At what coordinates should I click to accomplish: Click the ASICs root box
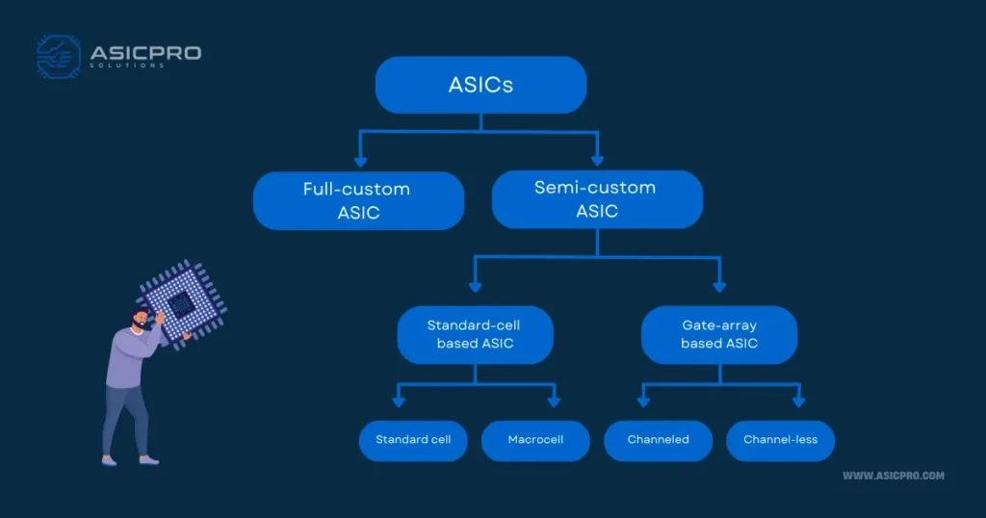click(480, 85)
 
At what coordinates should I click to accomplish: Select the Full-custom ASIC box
click(358, 200)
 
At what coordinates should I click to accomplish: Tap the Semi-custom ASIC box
click(597, 199)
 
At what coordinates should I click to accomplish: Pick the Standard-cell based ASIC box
click(475, 334)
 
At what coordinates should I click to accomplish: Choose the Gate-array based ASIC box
click(719, 334)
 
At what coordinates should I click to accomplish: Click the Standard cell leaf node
click(413, 440)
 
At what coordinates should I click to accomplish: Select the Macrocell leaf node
click(535, 440)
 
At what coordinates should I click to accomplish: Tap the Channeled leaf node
click(658, 440)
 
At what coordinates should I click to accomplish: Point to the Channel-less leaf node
click(780, 440)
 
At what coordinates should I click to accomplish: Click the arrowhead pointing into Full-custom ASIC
click(360, 159)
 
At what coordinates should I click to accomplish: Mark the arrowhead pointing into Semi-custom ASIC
click(597, 159)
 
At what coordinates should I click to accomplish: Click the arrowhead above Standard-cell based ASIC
click(475, 286)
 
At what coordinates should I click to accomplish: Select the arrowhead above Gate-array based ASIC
click(719, 286)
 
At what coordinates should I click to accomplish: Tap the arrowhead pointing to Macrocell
click(554, 401)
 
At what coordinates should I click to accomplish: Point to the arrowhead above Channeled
click(641, 401)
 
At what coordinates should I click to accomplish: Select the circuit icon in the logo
click(58, 56)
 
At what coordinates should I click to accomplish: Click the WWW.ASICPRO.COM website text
click(893, 476)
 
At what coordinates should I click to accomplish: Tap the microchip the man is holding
click(180, 305)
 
